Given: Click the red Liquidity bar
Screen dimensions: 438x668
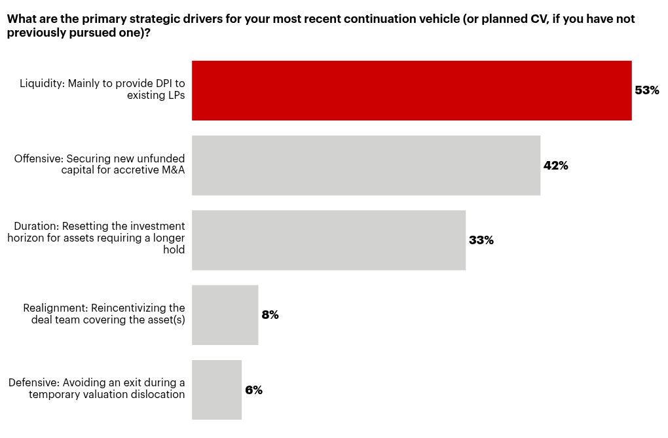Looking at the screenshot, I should coord(411,90).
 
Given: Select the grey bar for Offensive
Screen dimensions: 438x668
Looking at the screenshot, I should coord(365,165).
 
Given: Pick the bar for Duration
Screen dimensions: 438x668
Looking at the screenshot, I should coord(328,240).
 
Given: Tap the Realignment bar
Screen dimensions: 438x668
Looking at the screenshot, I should coord(225,315).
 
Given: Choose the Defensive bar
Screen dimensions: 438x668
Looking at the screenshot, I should coord(216,390).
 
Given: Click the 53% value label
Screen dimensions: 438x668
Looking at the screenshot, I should coord(647,90).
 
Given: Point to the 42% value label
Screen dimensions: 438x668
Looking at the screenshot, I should coord(555,166).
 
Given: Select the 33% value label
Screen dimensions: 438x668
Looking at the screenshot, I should coord(481,240).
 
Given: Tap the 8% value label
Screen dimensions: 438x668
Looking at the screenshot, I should coord(270,315).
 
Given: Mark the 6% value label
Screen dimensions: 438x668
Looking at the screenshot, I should coord(253,390).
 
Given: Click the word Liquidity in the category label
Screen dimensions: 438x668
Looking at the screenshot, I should coord(40,84).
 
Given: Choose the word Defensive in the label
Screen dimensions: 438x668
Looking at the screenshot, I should coord(32,382).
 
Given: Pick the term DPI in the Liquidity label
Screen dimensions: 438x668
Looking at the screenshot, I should coord(162,84).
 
